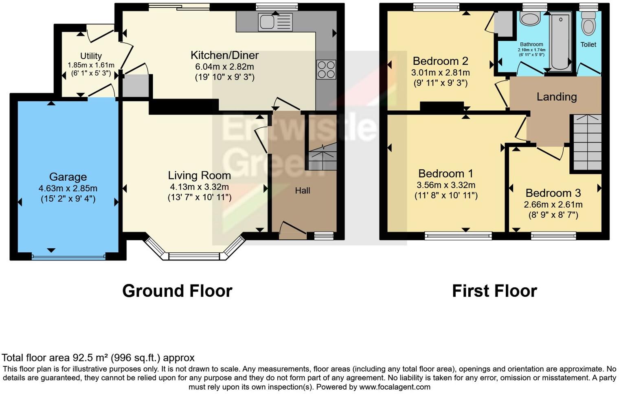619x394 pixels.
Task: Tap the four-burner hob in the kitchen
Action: click(x=326, y=69)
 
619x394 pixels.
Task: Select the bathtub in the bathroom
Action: click(x=561, y=41)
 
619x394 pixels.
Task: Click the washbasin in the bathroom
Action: click(x=530, y=19)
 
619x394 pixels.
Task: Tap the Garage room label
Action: click(x=68, y=177)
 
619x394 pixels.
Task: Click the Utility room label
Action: click(x=91, y=56)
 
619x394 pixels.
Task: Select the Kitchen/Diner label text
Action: click(x=224, y=55)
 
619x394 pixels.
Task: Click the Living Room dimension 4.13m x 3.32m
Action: click(x=199, y=187)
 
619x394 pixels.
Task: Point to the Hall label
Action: click(x=303, y=190)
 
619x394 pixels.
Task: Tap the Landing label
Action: click(x=556, y=96)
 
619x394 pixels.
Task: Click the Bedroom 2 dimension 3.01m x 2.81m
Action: click(x=440, y=72)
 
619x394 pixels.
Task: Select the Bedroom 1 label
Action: click(x=446, y=173)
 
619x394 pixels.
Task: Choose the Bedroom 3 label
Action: click(x=553, y=193)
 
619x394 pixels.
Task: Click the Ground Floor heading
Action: click(x=177, y=291)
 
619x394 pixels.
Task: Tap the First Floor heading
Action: click(x=494, y=291)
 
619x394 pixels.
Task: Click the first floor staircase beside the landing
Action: click(x=587, y=142)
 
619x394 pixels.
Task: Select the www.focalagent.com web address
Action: click(x=395, y=387)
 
